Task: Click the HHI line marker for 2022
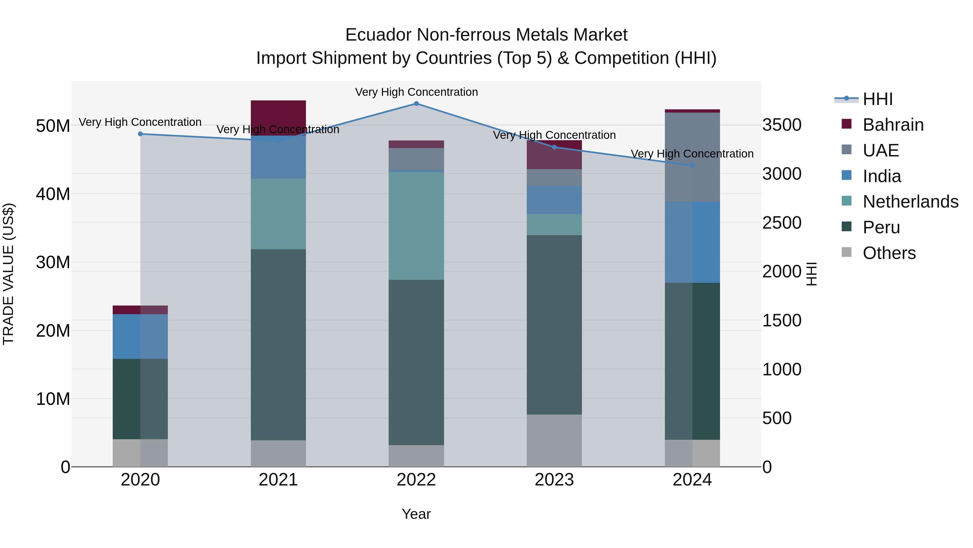click(x=416, y=104)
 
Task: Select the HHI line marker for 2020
click(x=141, y=134)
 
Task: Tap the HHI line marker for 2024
click(x=692, y=166)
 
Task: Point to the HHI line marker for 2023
click(x=555, y=147)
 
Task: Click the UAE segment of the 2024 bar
click(x=692, y=157)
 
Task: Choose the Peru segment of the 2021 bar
click(x=278, y=344)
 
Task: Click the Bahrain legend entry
click(x=893, y=125)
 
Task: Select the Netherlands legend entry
click(x=910, y=202)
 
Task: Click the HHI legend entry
click(x=877, y=99)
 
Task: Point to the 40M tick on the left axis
click(x=53, y=194)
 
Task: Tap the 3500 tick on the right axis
click(x=781, y=125)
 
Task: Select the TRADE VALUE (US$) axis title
click(x=9, y=274)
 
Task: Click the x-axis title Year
click(x=416, y=514)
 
